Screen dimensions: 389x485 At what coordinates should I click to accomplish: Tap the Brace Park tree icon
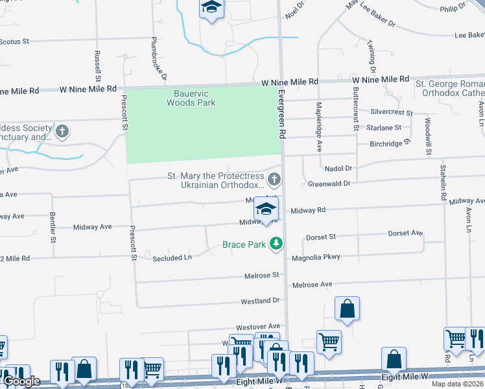pyautogui.click(x=277, y=244)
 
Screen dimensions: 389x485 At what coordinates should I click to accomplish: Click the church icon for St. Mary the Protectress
pyautogui.click(x=275, y=178)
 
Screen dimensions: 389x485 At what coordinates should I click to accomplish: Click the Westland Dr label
pyautogui.click(x=260, y=301)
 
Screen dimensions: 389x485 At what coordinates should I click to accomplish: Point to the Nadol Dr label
pyautogui.click(x=338, y=168)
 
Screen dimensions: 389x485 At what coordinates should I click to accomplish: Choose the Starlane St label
pyautogui.click(x=384, y=128)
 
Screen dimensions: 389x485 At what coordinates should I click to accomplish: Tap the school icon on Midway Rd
pyautogui.click(x=265, y=209)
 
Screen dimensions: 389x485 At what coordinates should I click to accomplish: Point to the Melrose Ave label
pyautogui.click(x=312, y=285)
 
